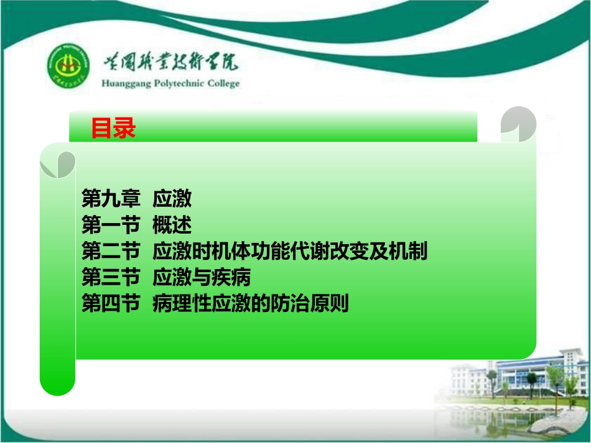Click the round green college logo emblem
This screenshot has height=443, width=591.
[x=68, y=68]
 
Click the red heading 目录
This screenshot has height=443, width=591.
[x=113, y=129]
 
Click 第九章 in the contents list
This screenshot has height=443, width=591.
[x=110, y=199]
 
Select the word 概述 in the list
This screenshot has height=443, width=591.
[x=172, y=225]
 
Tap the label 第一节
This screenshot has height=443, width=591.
[x=110, y=225]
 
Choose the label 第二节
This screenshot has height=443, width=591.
[x=110, y=252]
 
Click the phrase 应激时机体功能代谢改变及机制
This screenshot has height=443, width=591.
[x=290, y=252]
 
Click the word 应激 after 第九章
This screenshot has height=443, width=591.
[x=172, y=199]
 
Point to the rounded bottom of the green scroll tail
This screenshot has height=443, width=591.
[x=57, y=385]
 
